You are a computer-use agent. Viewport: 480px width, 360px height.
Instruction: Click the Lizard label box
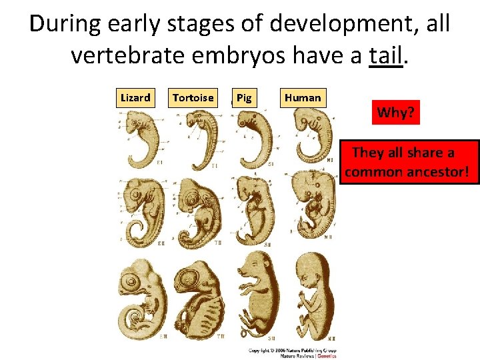click(x=135, y=98)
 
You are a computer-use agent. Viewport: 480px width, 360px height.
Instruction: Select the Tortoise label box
click(x=193, y=98)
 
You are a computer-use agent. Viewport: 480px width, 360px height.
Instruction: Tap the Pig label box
click(x=245, y=98)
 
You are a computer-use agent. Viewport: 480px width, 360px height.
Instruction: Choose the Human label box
click(x=303, y=98)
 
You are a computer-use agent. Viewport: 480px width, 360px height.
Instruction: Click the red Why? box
click(x=398, y=112)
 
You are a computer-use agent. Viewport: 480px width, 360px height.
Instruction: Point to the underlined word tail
click(x=386, y=55)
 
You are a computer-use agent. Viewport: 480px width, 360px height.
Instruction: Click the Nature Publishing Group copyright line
click(x=293, y=350)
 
